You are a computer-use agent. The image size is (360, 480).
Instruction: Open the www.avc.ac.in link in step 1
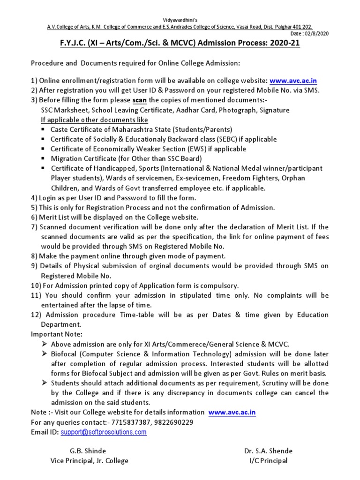[293, 81]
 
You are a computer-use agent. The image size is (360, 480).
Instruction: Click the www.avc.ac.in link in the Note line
[232, 412]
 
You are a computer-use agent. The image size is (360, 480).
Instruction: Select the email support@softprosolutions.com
[104, 432]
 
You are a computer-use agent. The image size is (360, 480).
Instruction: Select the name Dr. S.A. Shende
[268, 451]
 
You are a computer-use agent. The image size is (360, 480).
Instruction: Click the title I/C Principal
[268, 461]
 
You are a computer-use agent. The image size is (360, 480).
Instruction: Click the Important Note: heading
[57, 334]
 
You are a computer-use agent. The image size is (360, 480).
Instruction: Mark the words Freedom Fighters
[252, 179]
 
